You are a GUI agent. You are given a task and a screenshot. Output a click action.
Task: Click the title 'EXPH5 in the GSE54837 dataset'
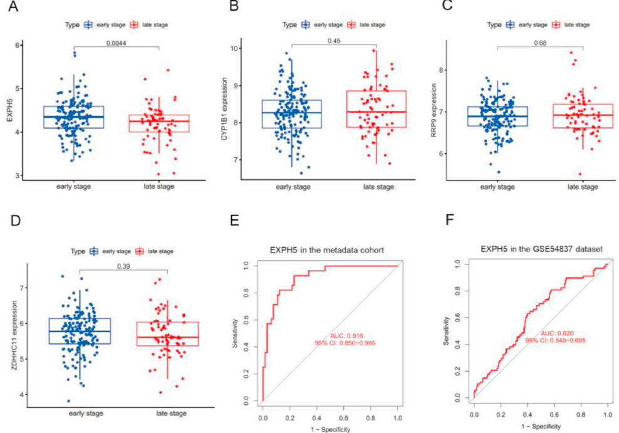pyautogui.click(x=541, y=249)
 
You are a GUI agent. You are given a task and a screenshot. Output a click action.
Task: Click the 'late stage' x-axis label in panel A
pyautogui.click(x=159, y=187)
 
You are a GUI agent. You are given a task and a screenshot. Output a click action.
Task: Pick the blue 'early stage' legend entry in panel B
pyautogui.click(x=322, y=24)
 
